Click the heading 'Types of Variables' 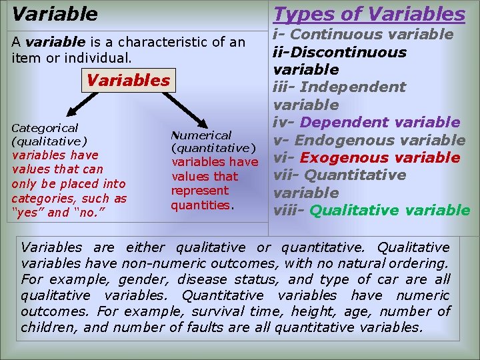pos(370,13)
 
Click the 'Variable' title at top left pos(55,13)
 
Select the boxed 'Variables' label pos(128,81)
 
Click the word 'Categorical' pos(45,127)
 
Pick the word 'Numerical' pos(201,135)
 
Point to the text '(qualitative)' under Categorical pos(49,141)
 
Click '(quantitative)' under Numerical pos(213,148)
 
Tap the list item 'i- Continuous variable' pos(364,34)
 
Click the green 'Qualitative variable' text pos(390,211)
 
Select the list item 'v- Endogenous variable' pos(370,140)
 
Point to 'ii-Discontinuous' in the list pos(340,52)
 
